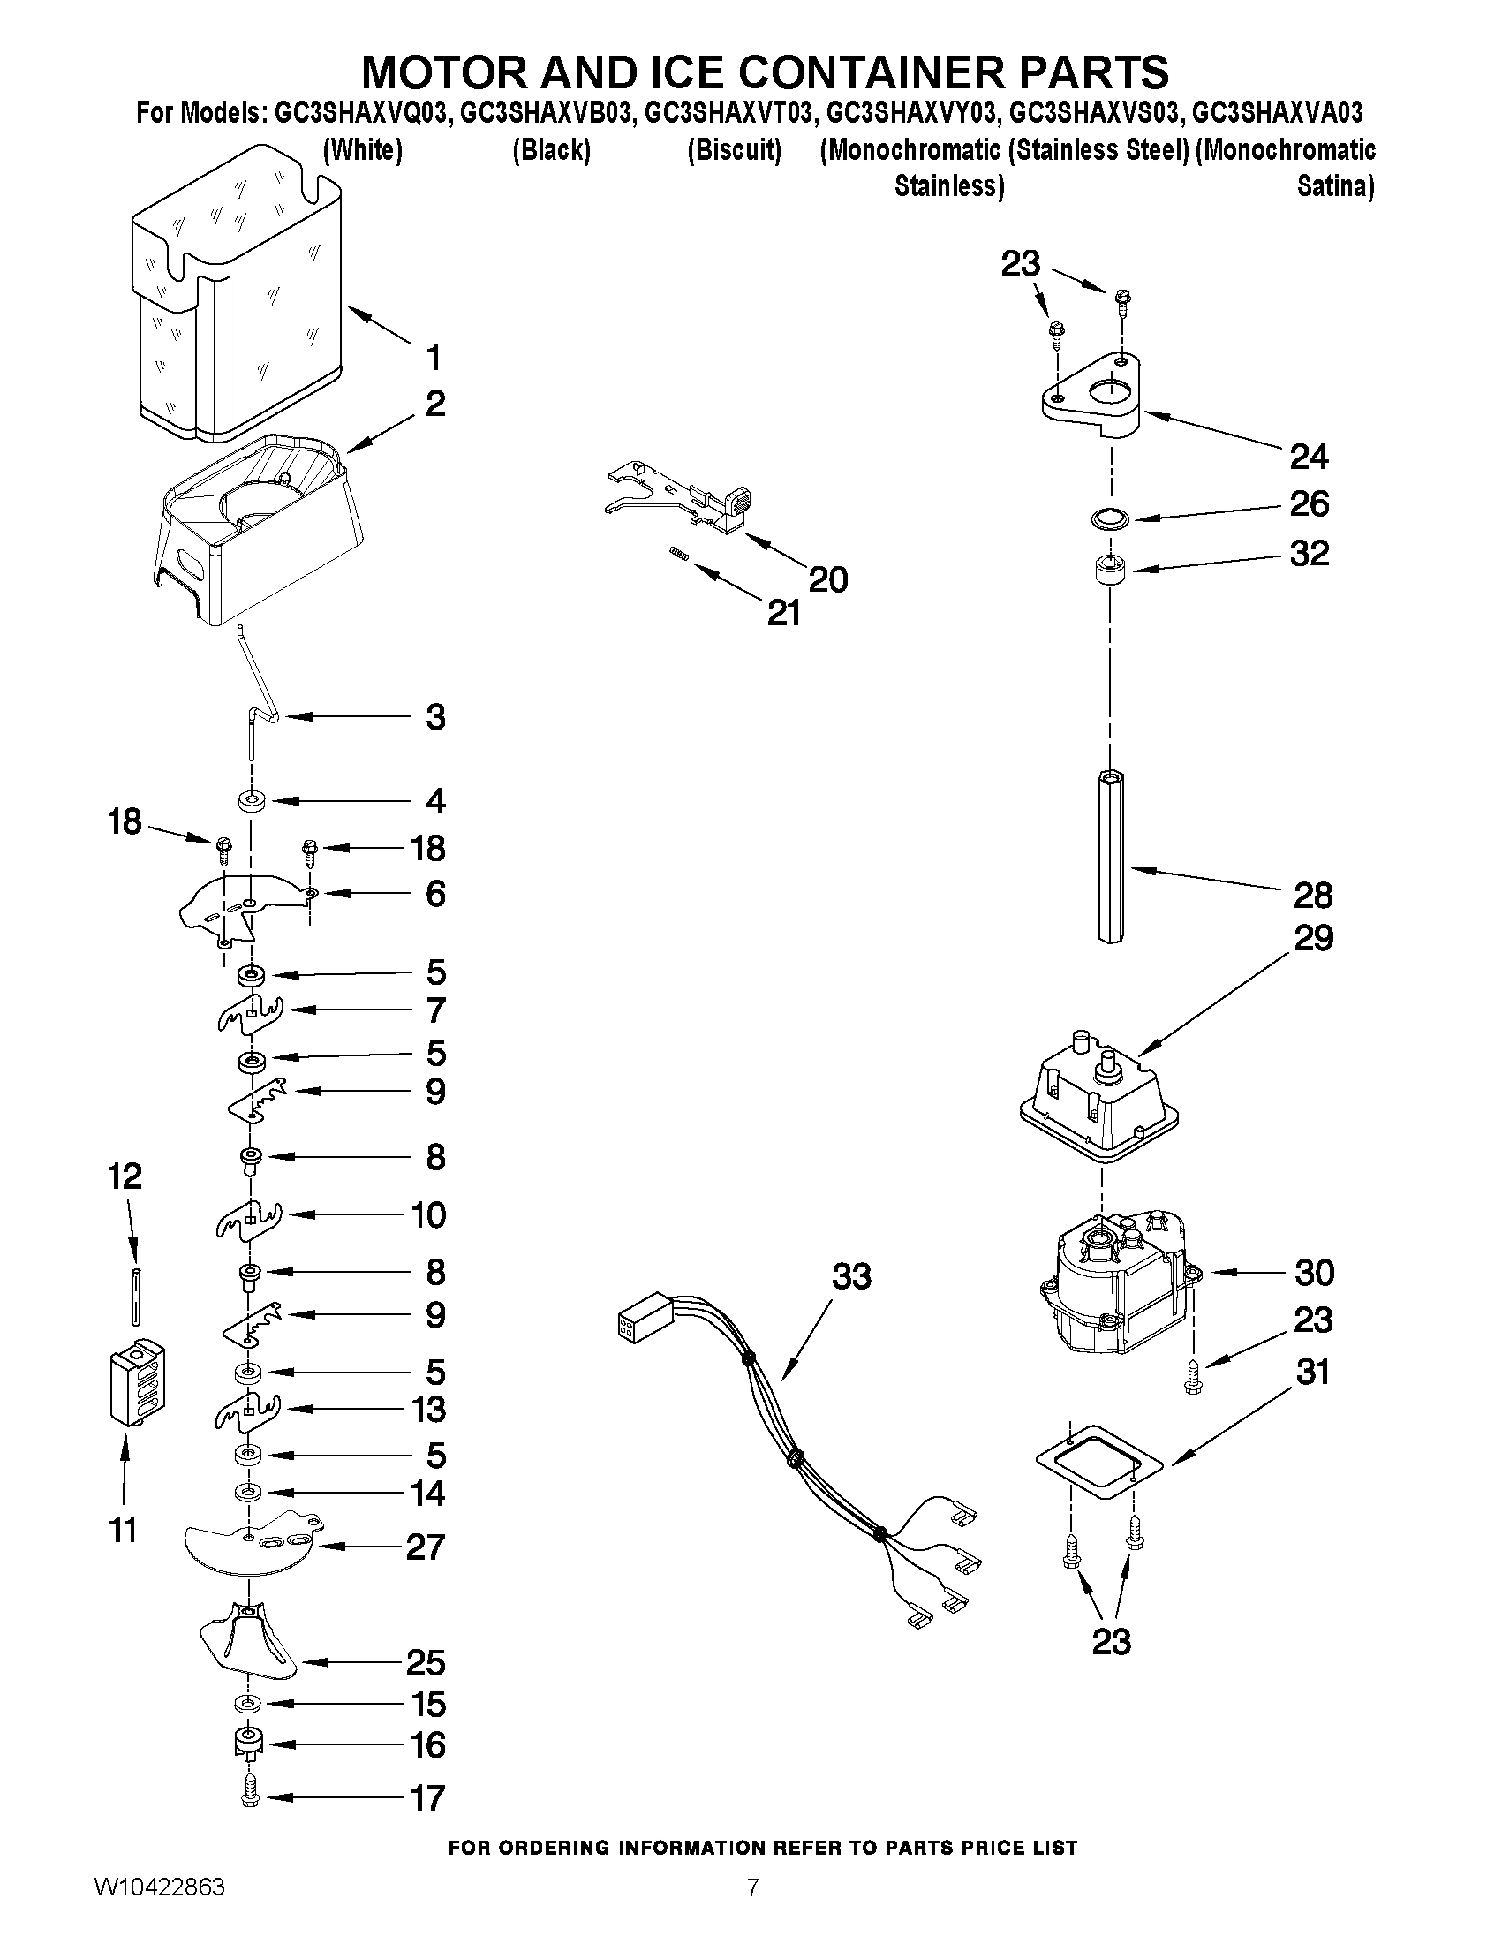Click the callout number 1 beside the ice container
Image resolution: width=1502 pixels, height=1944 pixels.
(434, 358)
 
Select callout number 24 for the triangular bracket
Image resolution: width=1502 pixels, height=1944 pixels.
(1309, 457)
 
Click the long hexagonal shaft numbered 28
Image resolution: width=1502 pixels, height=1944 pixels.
(1111, 854)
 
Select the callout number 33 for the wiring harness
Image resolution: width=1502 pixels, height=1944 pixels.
(851, 1276)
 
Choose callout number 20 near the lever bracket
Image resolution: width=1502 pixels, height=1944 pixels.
(827, 579)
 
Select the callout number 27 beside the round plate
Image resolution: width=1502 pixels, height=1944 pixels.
(425, 1547)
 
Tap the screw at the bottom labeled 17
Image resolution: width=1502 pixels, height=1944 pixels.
(250, 1797)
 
